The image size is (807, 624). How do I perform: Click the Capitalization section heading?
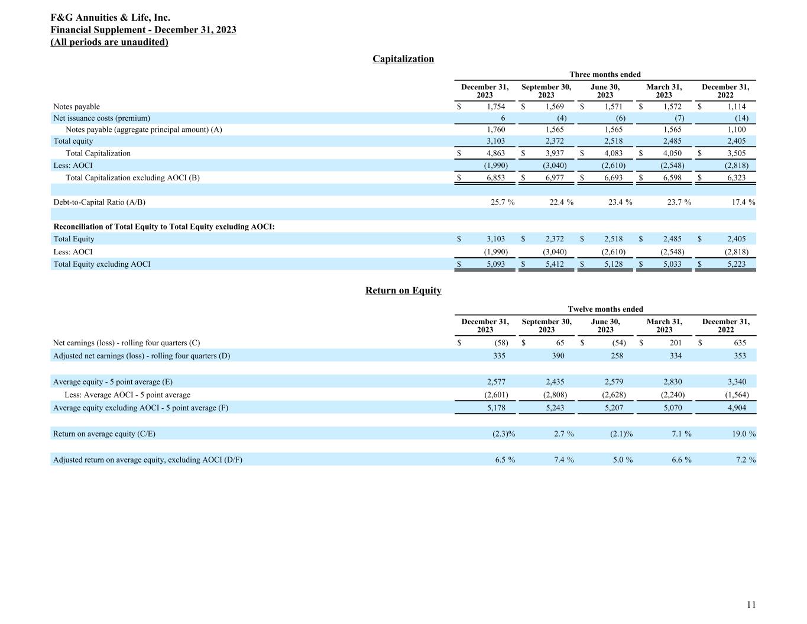click(x=403, y=59)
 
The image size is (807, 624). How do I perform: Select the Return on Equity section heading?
click(x=403, y=290)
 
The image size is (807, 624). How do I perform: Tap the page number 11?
click(x=751, y=604)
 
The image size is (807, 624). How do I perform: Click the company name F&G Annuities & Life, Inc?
click(x=111, y=18)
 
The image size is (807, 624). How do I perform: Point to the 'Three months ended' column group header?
click(x=605, y=75)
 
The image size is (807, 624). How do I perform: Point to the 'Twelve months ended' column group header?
click(x=605, y=309)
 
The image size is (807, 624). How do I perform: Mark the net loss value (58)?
click(x=501, y=343)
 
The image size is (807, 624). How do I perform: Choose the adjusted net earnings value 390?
click(x=558, y=356)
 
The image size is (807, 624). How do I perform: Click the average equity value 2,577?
click(x=495, y=382)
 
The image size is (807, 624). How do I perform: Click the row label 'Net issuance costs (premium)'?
click(x=102, y=118)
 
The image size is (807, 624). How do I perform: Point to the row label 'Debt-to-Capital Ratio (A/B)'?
click(x=99, y=202)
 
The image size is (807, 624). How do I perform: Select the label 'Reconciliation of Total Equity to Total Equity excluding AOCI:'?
click(x=164, y=227)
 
